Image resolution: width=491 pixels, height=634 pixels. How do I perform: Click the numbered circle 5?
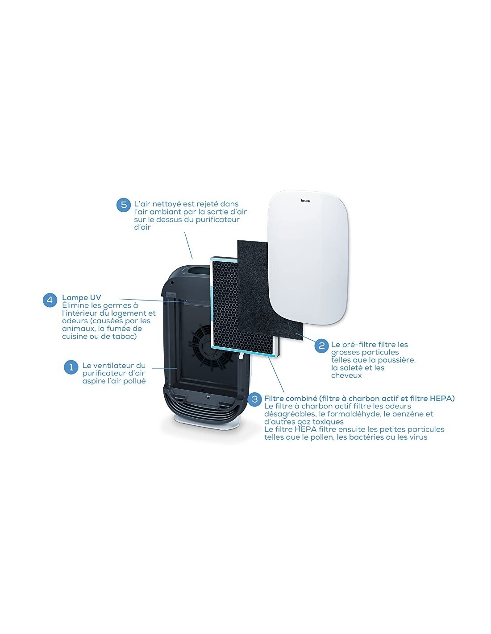coord(124,205)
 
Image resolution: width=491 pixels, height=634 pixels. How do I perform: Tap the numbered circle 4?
coord(50,300)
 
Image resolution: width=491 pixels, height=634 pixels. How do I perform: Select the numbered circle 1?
coord(71,367)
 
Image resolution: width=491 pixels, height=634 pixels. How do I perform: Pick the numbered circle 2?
coord(321,346)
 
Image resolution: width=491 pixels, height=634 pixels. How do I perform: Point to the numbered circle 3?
coord(255,399)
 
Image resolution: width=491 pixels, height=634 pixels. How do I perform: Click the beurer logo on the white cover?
coord(305,201)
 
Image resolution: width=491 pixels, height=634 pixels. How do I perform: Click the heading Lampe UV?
coord(82,297)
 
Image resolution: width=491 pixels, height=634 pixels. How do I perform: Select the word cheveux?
coord(346,375)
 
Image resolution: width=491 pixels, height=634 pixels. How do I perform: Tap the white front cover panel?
coord(308,258)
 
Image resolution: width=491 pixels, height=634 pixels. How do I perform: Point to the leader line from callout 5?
coord(188,245)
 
